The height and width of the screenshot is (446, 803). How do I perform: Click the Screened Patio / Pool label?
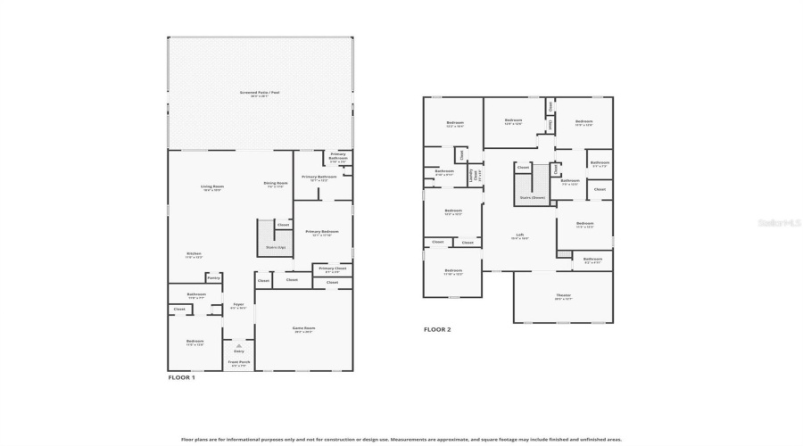point(260,94)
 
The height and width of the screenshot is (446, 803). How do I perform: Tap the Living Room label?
point(211,188)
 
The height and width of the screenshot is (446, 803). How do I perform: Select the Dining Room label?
point(275,185)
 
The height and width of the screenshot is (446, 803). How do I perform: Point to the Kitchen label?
point(194,255)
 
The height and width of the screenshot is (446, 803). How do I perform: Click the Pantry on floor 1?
point(213,278)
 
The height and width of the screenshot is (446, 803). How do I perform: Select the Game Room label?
point(303,329)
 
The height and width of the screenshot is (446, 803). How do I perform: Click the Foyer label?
point(238,306)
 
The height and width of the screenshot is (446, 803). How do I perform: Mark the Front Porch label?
point(240,363)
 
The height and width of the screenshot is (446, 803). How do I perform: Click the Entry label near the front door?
point(238,351)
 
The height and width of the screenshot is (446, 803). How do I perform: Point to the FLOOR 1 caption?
point(181,377)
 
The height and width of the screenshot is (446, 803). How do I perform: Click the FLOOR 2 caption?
point(437,329)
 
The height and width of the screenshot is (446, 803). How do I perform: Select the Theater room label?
point(562,296)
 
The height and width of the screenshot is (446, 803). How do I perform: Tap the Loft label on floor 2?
point(519,236)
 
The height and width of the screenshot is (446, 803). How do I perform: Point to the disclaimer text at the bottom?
point(401,439)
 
